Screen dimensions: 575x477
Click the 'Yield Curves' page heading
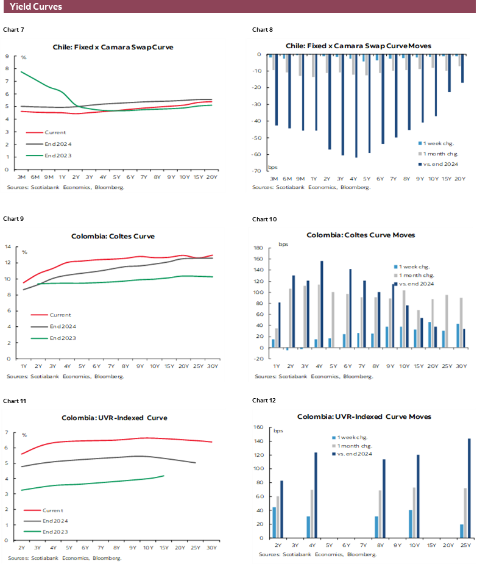pyautogui.click(x=35, y=7)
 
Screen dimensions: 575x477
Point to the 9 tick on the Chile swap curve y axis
pyautogui.click(x=6, y=56)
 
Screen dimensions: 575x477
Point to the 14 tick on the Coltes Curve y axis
pyautogui.click(x=8, y=246)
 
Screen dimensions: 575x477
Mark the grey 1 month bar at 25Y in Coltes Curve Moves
pyautogui.click(x=447, y=321)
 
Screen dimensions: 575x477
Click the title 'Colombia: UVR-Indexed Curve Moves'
pyautogui.click(x=364, y=416)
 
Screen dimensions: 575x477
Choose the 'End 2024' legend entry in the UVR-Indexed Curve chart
pyautogui.click(x=55, y=520)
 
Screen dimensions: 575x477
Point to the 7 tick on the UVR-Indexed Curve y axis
pyautogui.click(x=6, y=432)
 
